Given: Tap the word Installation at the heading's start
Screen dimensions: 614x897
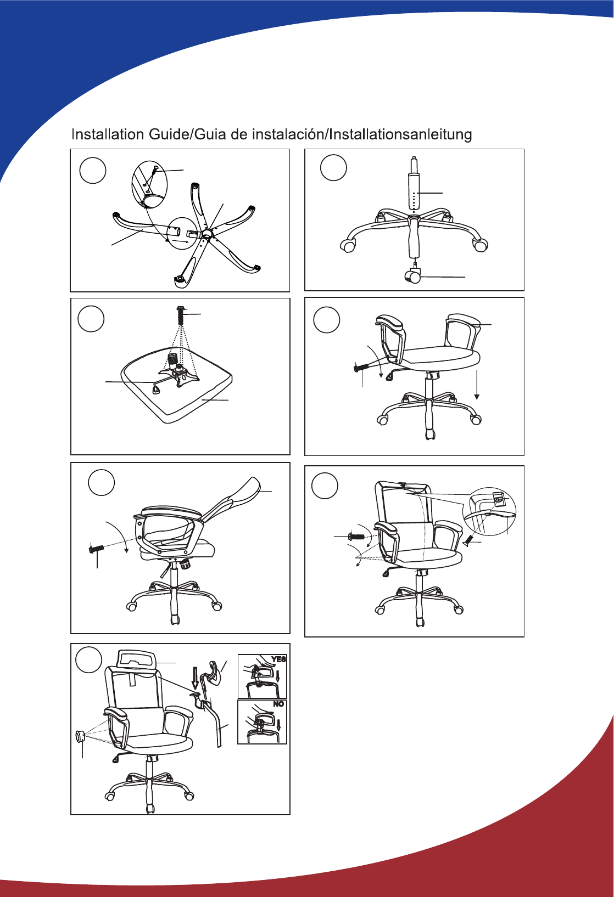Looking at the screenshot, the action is pyautogui.click(x=108, y=134).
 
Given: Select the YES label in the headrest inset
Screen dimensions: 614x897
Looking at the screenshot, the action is pyautogui.click(x=278, y=659).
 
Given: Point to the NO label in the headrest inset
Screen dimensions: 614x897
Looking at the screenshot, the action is pyautogui.click(x=278, y=704).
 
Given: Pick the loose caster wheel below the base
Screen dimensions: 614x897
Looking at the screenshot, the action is pyautogui.click(x=413, y=276).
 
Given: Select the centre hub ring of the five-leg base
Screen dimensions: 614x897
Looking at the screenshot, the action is pyautogui.click(x=207, y=233).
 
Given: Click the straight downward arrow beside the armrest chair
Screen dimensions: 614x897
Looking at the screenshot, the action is pyautogui.click(x=477, y=385).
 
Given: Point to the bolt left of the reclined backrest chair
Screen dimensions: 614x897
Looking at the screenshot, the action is pyautogui.click(x=96, y=548).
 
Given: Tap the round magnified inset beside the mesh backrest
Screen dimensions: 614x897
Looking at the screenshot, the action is pyautogui.click(x=489, y=511).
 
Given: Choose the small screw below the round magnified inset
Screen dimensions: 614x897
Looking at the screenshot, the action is pyautogui.click(x=467, y=542).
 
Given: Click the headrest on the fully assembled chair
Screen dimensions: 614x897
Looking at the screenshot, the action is pyautogui.click(x=136, y=658).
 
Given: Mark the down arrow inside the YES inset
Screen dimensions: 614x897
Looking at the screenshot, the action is pyautogui.click(x=277, y=676).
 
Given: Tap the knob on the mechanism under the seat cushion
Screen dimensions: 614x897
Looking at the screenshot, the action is pyautogui.click(x=173, y=358).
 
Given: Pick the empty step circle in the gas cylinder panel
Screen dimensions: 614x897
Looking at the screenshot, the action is pyautogui.click(x=333, y=167).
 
